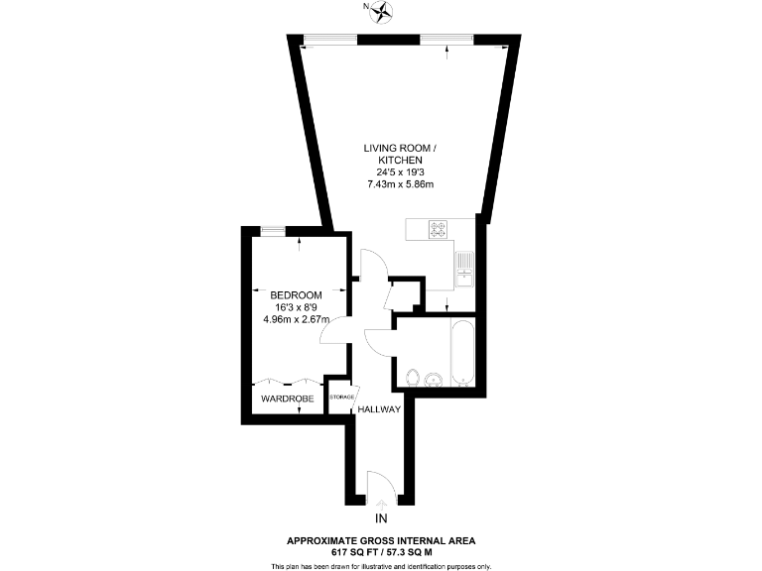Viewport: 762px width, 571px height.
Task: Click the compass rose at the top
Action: tap(381, 11)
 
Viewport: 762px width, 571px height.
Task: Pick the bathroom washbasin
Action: tap(434, 380)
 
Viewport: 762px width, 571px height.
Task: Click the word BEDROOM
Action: tap(296, 295)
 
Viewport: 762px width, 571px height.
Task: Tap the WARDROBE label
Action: tap(288, 399)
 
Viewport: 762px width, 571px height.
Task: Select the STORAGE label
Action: tap(341, 398)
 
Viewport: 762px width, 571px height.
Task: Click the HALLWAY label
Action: tap(379, 408)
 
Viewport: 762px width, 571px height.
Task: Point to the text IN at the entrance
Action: tap(381, 518)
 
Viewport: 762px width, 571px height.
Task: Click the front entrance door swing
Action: tap(380, 486)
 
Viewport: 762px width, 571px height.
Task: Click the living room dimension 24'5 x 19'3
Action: tap(400, 171)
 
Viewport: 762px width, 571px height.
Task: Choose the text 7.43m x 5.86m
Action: tap(400, 183)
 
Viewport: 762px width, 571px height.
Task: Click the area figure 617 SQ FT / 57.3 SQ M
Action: tap(381, 551)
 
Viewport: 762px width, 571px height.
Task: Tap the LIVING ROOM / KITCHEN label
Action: tap(400, 154)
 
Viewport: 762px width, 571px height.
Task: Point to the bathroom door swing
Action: tap(379, 341)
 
